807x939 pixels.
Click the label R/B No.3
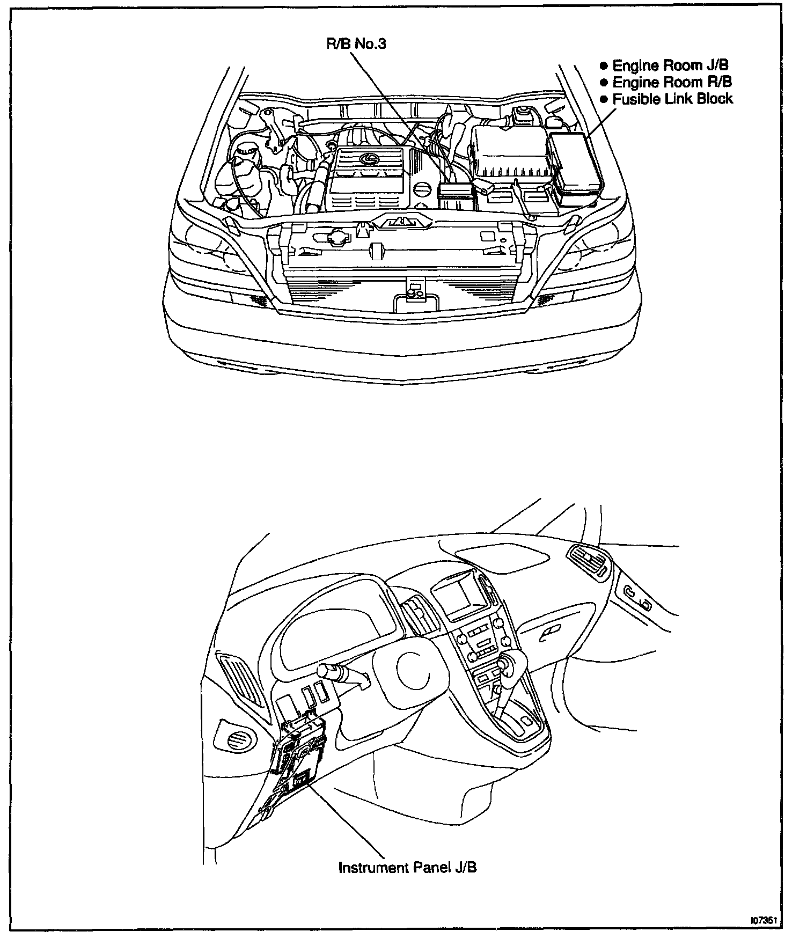pos(356,43)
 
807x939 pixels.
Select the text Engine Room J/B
pos(670,65)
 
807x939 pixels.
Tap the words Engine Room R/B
pos(672,82)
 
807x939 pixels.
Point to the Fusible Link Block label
pos(672,99)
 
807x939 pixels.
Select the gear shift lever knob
pos(505,664)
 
